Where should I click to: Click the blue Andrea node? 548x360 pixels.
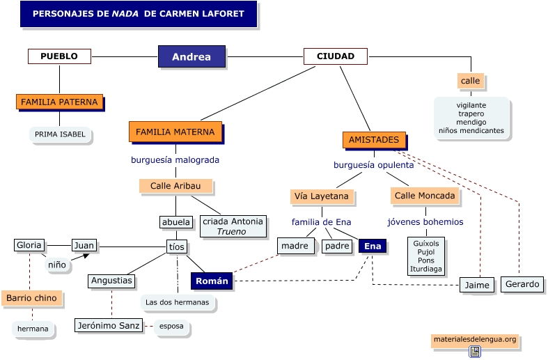click(x=191, y=57)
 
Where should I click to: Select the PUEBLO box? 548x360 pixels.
click(x=59, y=56)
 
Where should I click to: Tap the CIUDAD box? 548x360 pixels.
click(x=335, y=56)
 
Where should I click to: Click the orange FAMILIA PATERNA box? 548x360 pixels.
click(x=59, y=102)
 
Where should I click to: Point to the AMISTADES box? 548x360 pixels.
click(x=374, y=140)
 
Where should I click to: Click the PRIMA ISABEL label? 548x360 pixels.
click(x=60, y=134)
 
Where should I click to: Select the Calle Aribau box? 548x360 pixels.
click(x=175, y=186)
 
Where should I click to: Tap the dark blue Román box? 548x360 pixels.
click(x=212, y=281)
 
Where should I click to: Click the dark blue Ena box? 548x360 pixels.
click(x=373, y=246)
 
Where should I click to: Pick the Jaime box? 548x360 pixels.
click(x=478, y=285)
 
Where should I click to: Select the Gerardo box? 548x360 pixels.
click(x=522, y=284)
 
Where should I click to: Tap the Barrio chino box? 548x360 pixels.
click(x=32, y=299)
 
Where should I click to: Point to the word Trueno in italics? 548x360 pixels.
click(x=231, y=232)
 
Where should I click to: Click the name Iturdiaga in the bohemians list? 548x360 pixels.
click(x=427, y=269)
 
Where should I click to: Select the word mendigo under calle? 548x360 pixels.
click(x=471, y=122)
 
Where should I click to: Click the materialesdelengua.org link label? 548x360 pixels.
click(x=474, y=340)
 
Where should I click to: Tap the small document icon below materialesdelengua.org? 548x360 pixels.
click(x=475, y=352)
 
